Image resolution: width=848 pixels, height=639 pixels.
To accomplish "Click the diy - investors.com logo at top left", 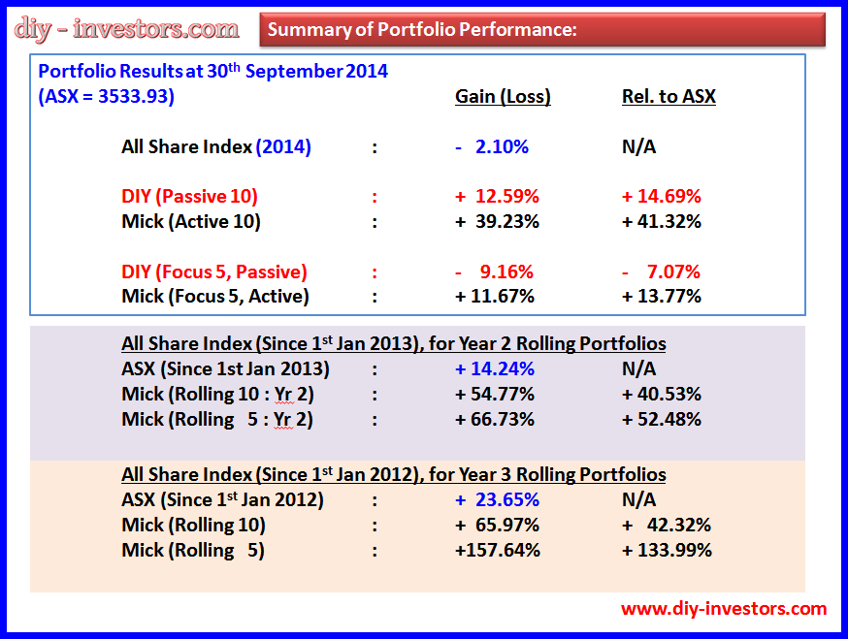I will click(x=127, y=28).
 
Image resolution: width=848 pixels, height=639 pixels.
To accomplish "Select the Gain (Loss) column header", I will click(x=503, y=96).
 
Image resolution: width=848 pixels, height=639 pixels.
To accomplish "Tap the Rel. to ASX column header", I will click(x=669, y=96).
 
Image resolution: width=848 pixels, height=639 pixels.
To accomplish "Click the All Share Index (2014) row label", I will click(x=215, y=147).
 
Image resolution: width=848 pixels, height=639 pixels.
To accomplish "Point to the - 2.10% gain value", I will click(x=492, y=147).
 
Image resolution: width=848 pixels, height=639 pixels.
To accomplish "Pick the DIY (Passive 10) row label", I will click(x=189, y=196).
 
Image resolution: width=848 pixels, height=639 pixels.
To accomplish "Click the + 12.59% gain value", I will click(x=497, y=196).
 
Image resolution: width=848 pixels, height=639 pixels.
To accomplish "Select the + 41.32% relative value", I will click(x=662, y=221).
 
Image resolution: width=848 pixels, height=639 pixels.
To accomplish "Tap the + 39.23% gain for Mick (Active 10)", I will click(x=497, y=221).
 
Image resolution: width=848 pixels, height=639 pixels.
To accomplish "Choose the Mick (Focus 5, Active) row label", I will click(x=215, y=297).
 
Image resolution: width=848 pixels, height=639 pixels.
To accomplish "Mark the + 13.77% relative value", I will click(x=662, y=297).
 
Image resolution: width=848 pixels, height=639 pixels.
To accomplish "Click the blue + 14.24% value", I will click(x=495, y=369).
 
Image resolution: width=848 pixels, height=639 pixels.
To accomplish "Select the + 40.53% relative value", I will click(x=662, y=395).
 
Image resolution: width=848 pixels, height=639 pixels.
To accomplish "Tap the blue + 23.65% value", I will click(x=497, y=500).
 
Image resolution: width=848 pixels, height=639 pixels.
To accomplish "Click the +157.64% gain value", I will click(x=497, y=551).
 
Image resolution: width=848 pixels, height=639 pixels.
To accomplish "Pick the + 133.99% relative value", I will click(x=667, y=551).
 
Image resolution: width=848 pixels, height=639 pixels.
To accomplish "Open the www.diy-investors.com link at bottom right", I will click(x=724, y=609).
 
